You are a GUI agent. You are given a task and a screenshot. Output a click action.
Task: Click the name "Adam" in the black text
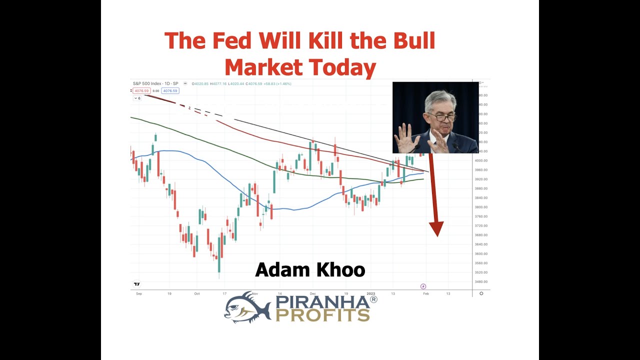coord(280,270)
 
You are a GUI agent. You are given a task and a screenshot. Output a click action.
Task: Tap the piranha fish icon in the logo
coord(247,306)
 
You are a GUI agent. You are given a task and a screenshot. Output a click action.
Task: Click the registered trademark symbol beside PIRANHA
coord(373,299)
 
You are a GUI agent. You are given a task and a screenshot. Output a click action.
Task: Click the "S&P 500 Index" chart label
coord(146,83)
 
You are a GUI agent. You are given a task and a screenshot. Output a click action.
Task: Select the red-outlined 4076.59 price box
coord(141,91)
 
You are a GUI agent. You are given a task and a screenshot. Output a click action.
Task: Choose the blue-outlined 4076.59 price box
coord(170,91)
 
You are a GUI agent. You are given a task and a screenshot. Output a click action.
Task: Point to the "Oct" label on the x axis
coord(197,294)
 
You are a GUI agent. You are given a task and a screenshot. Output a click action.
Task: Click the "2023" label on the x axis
coord(370,294)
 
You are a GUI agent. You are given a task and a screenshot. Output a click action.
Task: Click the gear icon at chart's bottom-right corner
coord(481,293)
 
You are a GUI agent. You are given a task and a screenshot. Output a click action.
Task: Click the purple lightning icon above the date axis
coord(423,286)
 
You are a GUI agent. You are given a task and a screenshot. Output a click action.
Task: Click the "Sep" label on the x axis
coord(139,294)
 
